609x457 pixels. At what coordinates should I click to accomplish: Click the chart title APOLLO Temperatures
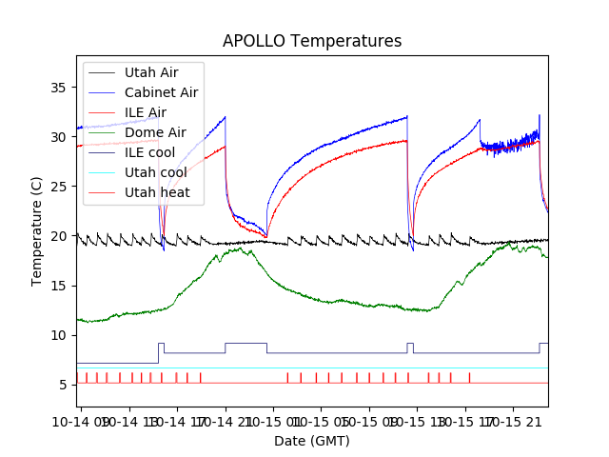point(312,42)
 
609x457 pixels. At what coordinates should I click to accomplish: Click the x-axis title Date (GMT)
point(312,441)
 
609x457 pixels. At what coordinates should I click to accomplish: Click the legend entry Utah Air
point(150,72)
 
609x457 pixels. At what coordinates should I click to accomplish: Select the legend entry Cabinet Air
point(161,92)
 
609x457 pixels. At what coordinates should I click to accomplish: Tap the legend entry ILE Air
point(145,112)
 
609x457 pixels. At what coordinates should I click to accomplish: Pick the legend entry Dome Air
point(155,132)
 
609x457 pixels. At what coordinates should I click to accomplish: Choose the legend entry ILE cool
point(149,152)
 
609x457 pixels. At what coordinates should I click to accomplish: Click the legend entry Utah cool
point(155,172)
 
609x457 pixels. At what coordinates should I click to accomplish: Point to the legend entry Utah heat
point(157,192)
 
